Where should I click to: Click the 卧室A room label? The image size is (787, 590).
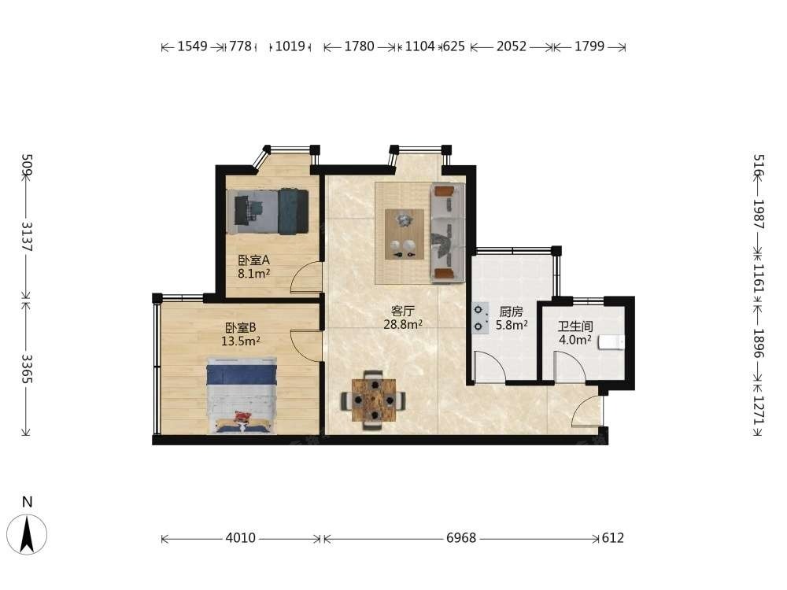[x=254, y=260]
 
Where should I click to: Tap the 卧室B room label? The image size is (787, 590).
[x=240, y=328]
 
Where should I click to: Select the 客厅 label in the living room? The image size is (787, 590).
[x=403, y=312]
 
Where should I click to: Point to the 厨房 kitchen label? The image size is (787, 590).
[x=511, y=312]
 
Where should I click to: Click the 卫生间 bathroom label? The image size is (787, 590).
[x=575, y=326]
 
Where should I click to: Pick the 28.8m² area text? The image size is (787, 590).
[x=403, y=325]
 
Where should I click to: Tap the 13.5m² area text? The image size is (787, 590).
[x=240, y=341]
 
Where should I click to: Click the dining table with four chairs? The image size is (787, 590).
[x=374, y=400]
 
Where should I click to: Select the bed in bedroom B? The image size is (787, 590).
[x=242, y=396]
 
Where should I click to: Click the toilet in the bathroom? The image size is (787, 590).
[x=611, y=342]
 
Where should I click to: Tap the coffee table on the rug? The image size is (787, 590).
[x=405, y=234]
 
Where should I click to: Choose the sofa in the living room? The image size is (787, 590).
[x=448, y=233]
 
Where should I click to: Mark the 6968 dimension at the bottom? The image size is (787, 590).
[x=461, y=538]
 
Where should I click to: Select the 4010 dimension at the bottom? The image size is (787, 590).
[x=240, y=538]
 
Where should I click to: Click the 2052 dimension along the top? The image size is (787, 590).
[x=512, y=46]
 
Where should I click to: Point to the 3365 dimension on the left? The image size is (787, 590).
[x=27, y=369]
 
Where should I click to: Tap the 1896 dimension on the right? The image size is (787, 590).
[x=759, y=344]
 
